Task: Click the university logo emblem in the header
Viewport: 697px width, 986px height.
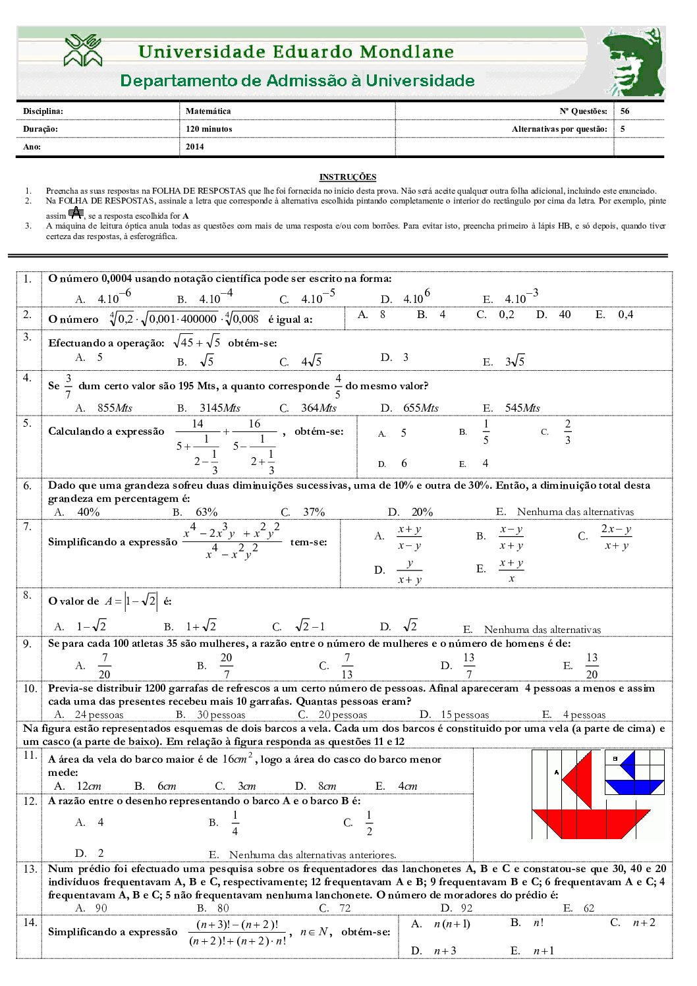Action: pyautogui.click(x=83, y=51)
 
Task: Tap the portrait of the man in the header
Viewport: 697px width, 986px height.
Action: pyautogui.click(x=634, y=63)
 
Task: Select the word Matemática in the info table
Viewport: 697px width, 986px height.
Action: pyautogui.click(x=208, y=111)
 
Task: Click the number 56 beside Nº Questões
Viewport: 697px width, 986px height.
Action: pyautogui.click(x=625, y=111)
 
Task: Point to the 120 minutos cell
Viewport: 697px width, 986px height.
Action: pyautogui.click(x=209, y=129)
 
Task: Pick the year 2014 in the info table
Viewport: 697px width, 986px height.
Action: pyautogui.click(x=195, y=147)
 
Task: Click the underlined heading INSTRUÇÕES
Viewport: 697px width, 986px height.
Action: pyautogui.click(x=347, y=177)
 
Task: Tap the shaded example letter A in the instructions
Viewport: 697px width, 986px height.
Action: pyautogui.click(x=76, y=213)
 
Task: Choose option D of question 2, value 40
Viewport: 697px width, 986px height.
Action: pyautogui.click(x=564, y=315)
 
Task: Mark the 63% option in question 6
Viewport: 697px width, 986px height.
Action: pyautogui.click(x=206, y=512)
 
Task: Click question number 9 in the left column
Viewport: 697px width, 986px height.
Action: pyautogui.click(x=27, y=644)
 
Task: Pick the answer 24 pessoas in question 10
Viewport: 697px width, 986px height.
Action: pyautogui.click(x=99, y=715)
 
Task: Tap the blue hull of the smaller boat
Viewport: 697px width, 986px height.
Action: pyautogui.click(x=634, y=786)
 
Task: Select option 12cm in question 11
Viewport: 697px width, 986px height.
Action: pyautogui.click(x=88, y=786)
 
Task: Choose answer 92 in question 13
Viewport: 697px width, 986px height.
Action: pyautogui.click(x=466, y=908)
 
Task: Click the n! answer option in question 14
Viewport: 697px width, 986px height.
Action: pyautogui.click(x=538, y=923)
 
